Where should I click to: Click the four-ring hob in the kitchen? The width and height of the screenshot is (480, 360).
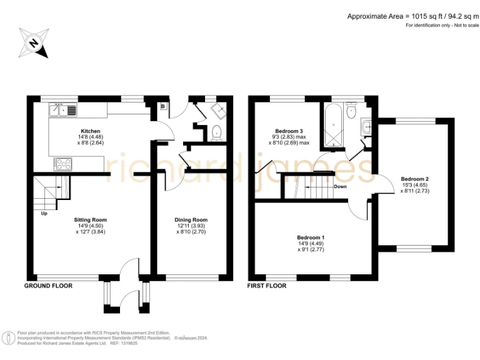tap(64, 164)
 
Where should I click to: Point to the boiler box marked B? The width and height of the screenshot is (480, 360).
tap(163, 107)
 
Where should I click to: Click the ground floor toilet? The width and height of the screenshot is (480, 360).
tap(216, 132)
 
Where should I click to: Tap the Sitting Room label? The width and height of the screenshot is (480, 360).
tap(91, 220)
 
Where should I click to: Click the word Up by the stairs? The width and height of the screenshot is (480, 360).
tap(44, 212)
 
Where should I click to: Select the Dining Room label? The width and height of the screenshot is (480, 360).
tap(191, 220)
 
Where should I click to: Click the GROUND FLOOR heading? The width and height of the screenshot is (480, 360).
tap(48, 286)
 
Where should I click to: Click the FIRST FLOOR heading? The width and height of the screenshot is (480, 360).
tap(267, 286)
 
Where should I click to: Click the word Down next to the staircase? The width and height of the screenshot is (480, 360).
tap(341, 186)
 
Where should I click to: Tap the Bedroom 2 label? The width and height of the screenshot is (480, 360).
tap(414, 179)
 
